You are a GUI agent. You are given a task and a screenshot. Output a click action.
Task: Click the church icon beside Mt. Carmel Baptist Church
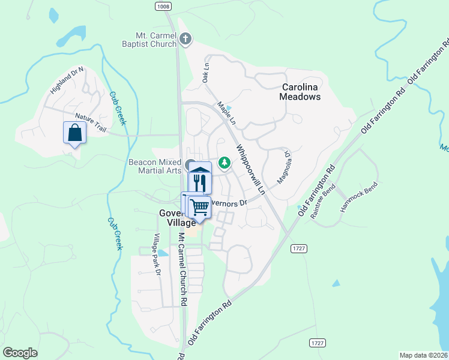coord(185,40)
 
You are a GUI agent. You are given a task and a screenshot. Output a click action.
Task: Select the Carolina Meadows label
coord(301,91)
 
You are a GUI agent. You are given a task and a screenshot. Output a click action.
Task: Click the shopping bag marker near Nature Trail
coord(74,132)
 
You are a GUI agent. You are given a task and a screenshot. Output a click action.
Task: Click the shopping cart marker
coord(199,207)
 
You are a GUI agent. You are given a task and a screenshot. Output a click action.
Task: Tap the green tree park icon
coord(224,163)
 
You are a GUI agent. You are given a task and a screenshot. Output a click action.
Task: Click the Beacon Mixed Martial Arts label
coord(155,166)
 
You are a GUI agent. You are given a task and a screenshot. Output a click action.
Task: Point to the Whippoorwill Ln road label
coord(250,170)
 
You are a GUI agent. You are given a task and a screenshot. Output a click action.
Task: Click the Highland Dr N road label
coord(68,80)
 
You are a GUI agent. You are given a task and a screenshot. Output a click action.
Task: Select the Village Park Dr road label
coord(157,254)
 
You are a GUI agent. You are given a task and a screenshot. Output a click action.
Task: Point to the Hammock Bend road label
coord(359,197)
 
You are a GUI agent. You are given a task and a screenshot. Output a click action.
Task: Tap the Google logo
coord(20,353)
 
